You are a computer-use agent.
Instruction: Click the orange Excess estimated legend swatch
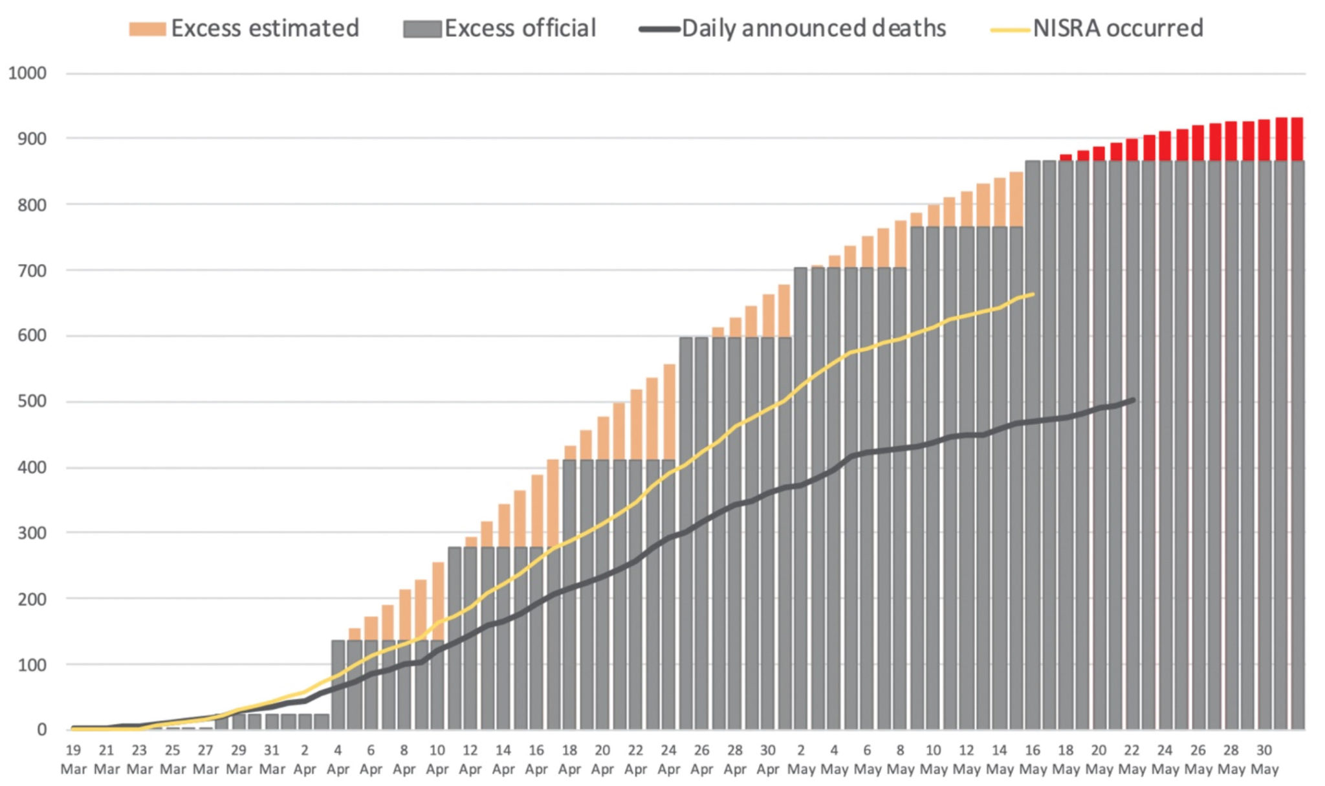pos(147,29)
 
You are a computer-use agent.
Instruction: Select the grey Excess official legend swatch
pos(422,29)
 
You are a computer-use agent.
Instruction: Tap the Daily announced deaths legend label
pos(813,28)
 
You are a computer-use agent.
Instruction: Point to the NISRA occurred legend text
pos(1117,28)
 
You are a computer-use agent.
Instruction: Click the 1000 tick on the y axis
pos(27,73)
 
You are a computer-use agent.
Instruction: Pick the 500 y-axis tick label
pos(32,401)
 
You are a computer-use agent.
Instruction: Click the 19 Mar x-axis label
pos(73,759)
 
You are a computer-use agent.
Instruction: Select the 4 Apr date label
pos(338,759)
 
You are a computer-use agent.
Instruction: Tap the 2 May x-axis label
pos(801,759)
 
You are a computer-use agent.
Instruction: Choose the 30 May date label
pos(1264,759)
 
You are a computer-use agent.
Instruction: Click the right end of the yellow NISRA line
pos(1033,294)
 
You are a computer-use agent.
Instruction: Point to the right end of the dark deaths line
pos(1133,400)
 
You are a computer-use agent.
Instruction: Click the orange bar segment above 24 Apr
pos(670,412)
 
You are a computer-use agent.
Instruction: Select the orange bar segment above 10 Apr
pos(438,601)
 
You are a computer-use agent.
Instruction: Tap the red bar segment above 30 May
pos(1264,140)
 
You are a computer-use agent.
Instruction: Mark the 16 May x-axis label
pos(1033,759)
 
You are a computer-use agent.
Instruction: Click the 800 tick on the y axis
pos(32,204)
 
